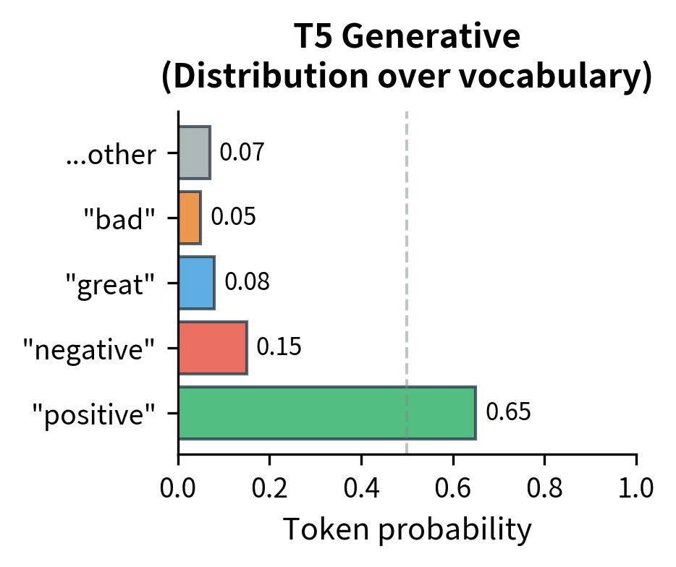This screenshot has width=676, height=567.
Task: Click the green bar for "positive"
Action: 326,413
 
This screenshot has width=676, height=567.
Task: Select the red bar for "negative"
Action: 213,348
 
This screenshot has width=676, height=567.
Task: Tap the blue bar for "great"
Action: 196,283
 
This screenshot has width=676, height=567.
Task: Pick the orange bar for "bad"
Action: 190,218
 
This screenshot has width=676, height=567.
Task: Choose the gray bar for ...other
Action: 194,153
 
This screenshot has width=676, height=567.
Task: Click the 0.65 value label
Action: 508,412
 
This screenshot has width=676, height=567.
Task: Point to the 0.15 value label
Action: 279,347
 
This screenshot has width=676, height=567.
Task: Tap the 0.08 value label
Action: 247,282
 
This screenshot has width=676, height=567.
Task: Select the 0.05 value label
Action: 233,217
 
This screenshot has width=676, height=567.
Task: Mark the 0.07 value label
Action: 241,153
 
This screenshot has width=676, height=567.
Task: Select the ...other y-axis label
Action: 110,155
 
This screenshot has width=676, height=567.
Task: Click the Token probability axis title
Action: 407,530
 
